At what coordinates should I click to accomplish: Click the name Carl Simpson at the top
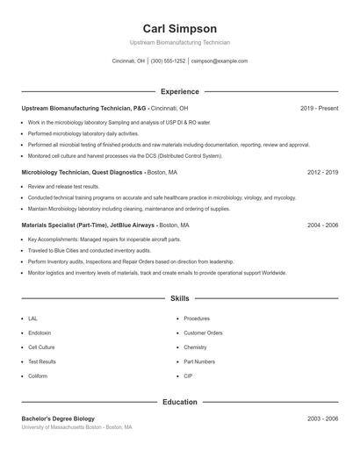tap(179, 29)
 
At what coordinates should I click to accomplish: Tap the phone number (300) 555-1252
tap(168, 61)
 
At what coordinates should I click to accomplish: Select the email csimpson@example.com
tap(219, 61)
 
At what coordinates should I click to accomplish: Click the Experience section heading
tap(179, 91)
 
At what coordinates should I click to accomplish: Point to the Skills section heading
tap(179, 299)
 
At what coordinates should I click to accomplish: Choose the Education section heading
tap(179, 402)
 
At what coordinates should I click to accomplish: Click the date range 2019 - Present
tap(319, 108)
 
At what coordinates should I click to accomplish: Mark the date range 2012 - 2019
tap(322, 173)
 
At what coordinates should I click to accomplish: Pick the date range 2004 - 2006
tap(322, 225)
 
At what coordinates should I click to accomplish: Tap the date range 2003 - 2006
tap(322, 418)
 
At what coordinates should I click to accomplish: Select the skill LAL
tap(32, 318)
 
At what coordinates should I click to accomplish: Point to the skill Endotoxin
tap(40, 333)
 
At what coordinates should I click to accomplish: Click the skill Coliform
tap(38, 376)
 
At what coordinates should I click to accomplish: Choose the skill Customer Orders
tap(203, 333)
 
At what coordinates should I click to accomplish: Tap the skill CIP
tap(188, 376)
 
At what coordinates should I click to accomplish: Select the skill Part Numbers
tap(199, 361)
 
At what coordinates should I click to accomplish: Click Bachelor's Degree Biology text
tap(58, 418)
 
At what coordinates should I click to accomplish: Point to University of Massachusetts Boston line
tap(76, 427)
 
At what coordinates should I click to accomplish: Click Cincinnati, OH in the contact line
tap(128, 61)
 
